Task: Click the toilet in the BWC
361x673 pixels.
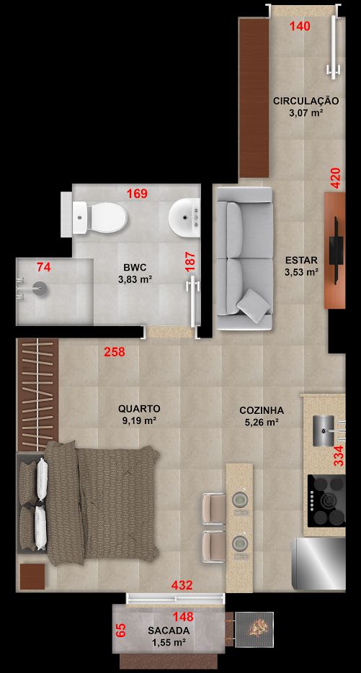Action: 100,217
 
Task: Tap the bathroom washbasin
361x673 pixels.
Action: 184,217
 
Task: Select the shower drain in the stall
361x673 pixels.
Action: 41,289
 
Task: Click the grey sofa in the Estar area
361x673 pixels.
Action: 244,258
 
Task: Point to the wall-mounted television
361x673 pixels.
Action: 336,250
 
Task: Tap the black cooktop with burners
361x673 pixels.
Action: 326,500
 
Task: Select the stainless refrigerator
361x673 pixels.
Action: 318,564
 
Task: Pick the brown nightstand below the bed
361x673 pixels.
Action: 32,577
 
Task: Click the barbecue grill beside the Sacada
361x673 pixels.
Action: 254,629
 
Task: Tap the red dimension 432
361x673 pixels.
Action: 182,585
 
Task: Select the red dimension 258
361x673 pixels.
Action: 115,353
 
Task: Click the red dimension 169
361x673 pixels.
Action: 137,194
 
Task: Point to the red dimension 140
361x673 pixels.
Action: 300,26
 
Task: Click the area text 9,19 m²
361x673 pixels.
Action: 139,421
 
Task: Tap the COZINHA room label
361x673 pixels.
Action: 262,410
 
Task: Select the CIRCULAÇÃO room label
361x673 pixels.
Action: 306,101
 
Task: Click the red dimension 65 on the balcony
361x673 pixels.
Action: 122,631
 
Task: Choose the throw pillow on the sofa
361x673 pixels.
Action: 253,306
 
